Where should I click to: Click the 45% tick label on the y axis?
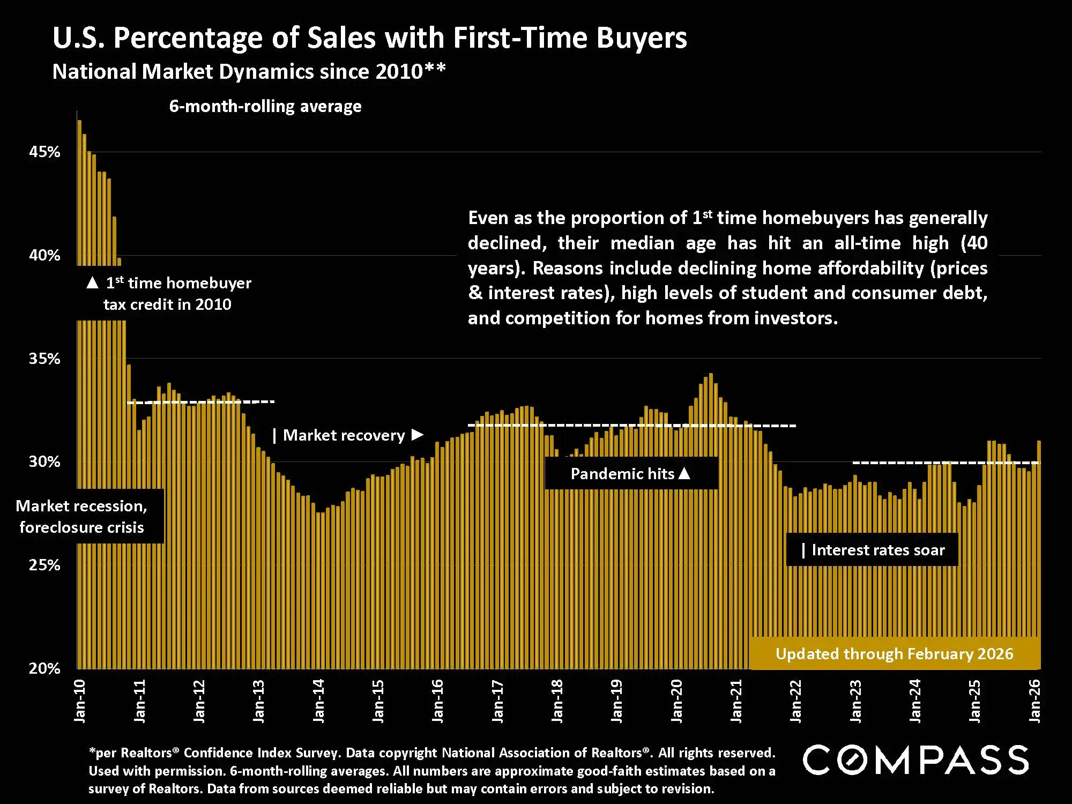coord(44,152)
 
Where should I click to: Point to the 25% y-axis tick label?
coord(44,565)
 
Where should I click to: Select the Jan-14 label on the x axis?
coord(319,701)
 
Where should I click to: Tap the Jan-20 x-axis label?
coord(677,701)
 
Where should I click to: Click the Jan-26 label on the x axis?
coord(1035,701)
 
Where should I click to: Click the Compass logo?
coord(915,760)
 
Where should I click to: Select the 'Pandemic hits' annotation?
coord(622,474)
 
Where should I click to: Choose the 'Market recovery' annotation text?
coord(344,435)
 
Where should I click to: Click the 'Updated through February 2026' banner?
coord(894,654)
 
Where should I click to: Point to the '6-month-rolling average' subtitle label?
coord(265,107)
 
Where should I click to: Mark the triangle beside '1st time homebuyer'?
coord(92,282)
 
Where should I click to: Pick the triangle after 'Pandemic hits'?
coord(684,473)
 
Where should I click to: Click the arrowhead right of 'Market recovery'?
coord(418,435)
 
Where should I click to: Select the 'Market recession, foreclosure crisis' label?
coord(81,516)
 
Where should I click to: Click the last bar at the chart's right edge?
coord(1039,536)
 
